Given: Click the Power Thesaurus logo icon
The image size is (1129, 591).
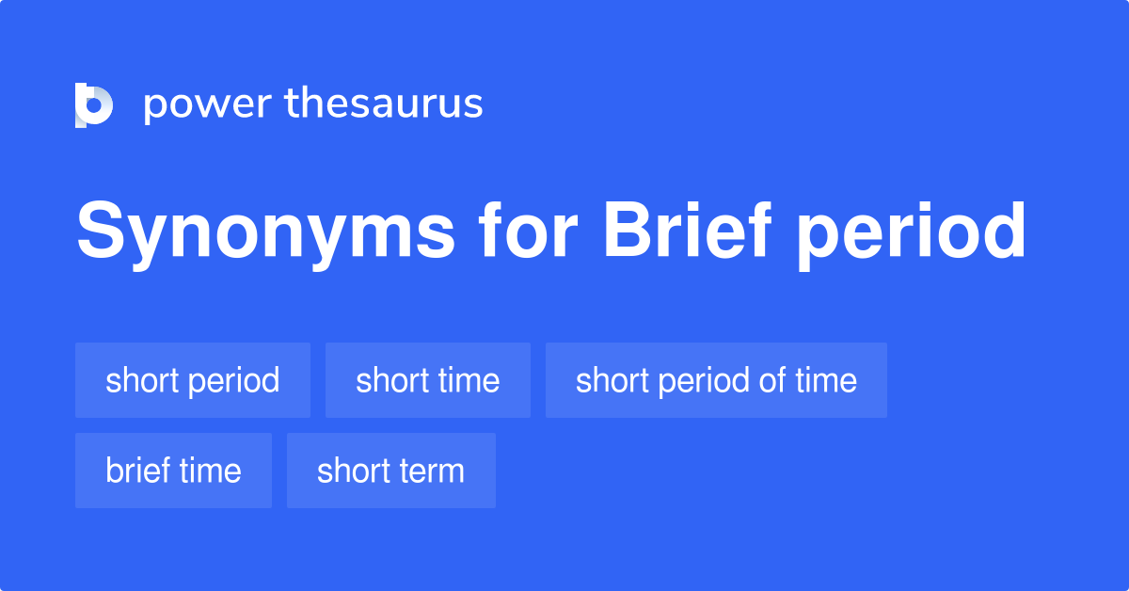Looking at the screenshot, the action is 94,104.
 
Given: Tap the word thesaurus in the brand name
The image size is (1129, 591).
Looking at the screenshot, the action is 384,103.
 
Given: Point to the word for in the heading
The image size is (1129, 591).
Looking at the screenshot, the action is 527,230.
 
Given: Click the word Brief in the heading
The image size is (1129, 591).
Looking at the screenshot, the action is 687,230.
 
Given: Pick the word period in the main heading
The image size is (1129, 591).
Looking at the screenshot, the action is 911,234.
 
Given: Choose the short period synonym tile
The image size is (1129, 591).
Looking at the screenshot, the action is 193,380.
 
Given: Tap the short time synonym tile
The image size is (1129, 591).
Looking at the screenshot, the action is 428,380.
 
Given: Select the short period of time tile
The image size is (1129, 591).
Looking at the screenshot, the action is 716,380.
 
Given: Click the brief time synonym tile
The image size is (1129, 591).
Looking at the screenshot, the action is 173,471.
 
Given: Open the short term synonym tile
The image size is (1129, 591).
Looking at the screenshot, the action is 391,471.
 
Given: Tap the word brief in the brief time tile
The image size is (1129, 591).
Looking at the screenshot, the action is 138,471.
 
